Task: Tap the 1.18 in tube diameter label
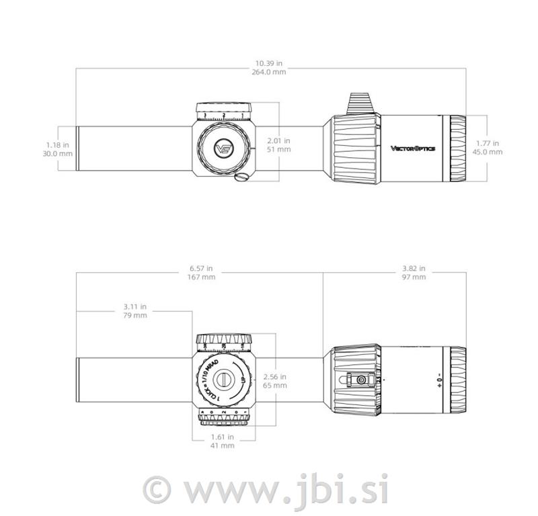[x=56, y=144]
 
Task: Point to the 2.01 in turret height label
[x=278, y=140]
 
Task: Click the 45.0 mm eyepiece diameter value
[x=487, y=152]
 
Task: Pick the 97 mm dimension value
[x=414, y=277]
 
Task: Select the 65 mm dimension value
[x=276, y=386]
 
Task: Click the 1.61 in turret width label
[x=223, y=436]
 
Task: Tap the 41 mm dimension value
[x=223, y=445]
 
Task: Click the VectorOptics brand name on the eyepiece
[x=413, y=148]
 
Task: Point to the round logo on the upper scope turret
[x=223, y=148]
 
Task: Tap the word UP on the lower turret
[x=243, y=381]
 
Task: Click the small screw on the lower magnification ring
[x=361, y=380]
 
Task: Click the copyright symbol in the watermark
[x=157, y=488]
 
